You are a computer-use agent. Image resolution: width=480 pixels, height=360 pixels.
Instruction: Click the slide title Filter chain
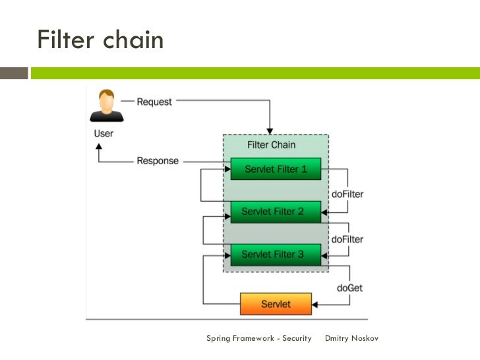click(x=100, y=40)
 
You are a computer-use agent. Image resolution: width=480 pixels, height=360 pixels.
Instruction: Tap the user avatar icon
click(x=106, y=106)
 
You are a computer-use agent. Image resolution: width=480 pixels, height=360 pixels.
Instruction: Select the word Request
click(x=154, y=102)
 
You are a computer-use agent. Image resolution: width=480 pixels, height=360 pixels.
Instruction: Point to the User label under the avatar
click(x=103, y=133)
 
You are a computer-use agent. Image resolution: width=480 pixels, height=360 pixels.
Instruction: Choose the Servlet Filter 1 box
click(x=276, y=169)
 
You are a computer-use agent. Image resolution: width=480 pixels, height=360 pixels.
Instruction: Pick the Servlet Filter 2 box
click(x=276, y=212)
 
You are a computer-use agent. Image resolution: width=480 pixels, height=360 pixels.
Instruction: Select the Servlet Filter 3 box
click(x=276, y=254)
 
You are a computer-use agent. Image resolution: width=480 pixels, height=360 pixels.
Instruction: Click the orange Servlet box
click(x=276, y=304)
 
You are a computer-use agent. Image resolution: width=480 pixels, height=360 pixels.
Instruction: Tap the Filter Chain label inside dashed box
click(x=271, y=144)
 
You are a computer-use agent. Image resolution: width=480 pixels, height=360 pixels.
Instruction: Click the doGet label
click(x=349, y=287)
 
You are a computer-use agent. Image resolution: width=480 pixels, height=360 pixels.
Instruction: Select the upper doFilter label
click(x=347, y=194)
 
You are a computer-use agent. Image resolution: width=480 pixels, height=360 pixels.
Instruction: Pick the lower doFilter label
click(x=347, y=239)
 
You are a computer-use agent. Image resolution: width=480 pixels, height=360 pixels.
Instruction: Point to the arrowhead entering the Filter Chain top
click(x=269, y=130)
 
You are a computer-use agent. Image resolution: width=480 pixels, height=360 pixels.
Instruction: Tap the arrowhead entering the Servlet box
click(x=315, y=305)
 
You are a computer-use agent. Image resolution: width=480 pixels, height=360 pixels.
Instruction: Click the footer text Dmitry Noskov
click(x=352, y=338)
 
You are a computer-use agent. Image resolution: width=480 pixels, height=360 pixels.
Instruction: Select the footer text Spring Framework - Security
click(x=258, y=338)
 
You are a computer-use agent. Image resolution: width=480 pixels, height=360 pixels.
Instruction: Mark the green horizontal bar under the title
click(x=255, y=73)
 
